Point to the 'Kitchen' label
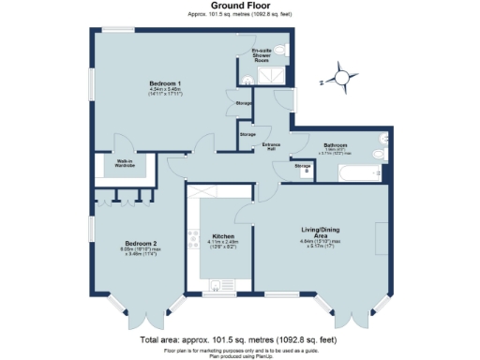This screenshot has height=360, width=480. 222,236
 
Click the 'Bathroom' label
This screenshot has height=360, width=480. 337,145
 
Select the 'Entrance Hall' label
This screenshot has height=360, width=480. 272,145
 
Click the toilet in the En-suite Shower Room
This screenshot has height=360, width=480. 284,50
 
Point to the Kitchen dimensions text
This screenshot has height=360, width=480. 223,246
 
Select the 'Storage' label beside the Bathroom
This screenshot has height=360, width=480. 303,167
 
